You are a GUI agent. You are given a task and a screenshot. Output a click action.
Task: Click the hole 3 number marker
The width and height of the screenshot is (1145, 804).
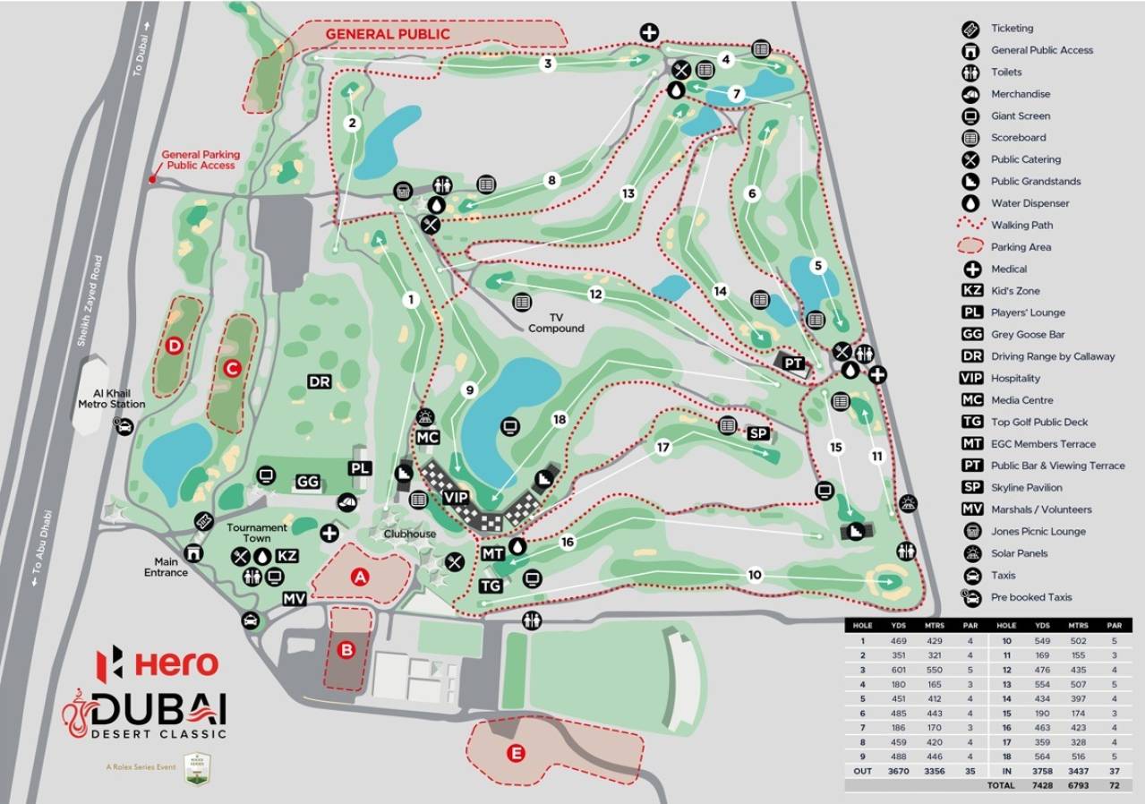pos(547,64)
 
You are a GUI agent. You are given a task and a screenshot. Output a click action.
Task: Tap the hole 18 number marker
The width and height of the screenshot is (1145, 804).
pos(560,419)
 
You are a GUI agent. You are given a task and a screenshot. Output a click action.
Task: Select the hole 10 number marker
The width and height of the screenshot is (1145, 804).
pos(755,574)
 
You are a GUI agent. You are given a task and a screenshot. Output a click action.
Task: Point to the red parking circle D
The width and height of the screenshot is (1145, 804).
pos(175,345)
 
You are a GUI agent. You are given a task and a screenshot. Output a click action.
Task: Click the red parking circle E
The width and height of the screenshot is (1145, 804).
pos(516,753)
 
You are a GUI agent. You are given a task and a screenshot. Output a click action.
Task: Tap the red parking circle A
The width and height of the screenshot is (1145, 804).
pos(360,577)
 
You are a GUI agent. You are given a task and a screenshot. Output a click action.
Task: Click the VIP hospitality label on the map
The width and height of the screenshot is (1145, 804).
pos(456,496)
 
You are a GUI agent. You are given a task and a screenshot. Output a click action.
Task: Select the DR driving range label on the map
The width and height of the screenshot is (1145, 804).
pos(320,382)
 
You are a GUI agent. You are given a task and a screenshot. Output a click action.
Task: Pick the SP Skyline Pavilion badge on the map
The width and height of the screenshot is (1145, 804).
pos(757,433)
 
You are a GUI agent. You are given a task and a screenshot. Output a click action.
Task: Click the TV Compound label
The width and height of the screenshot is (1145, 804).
pos(555,323)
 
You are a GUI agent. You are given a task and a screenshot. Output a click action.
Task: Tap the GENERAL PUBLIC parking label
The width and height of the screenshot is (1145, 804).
pos(387,34)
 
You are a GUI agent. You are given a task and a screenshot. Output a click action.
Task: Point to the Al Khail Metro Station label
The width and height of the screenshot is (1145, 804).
pos(111,398)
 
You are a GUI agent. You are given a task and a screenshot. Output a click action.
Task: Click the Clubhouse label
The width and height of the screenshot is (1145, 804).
pos(410,535)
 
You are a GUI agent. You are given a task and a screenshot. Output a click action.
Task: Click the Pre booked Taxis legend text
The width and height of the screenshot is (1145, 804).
pos(1030,597)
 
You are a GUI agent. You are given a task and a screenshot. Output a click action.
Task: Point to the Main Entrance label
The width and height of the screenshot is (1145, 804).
pos(167,567)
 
